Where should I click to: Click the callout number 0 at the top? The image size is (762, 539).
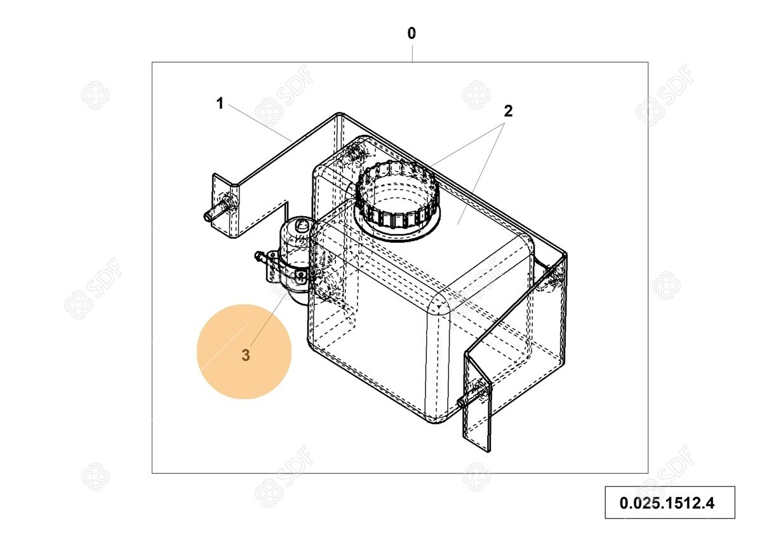tap(411, 33)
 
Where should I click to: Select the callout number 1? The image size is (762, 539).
tap(220, 103)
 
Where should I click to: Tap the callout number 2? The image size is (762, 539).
tap(508, 111)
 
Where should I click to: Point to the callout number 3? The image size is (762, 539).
tap(246, 355)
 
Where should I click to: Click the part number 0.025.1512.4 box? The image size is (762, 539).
tap(669, 503)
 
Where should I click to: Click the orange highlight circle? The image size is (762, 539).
tap(244, 351)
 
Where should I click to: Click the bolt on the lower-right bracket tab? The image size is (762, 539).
tap(473, 397)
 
